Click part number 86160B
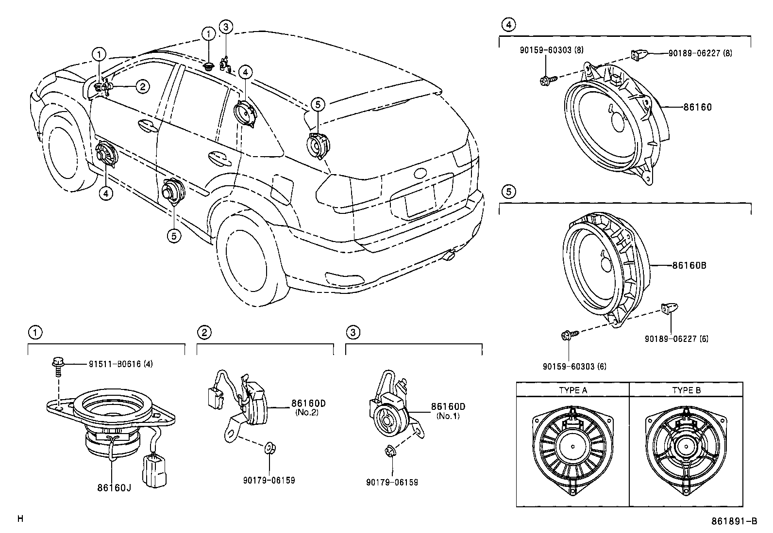click(689, 265)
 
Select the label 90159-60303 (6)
click(574, 366)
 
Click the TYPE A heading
click(572, 389)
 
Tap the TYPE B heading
click(686, 389)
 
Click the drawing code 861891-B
click(734, 521)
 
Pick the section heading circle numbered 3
click(353, 332)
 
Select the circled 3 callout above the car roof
click(225, 27)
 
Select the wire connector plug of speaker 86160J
click(156, 469)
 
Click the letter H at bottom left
click(20, 519)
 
